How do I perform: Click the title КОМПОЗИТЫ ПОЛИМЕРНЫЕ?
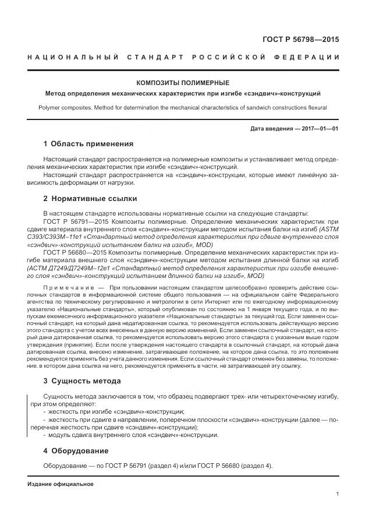182,83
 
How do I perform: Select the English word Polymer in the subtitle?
51,107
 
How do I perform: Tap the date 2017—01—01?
319,128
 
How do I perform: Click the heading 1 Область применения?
88,144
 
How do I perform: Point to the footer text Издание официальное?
61,484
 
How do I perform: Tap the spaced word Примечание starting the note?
68,288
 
